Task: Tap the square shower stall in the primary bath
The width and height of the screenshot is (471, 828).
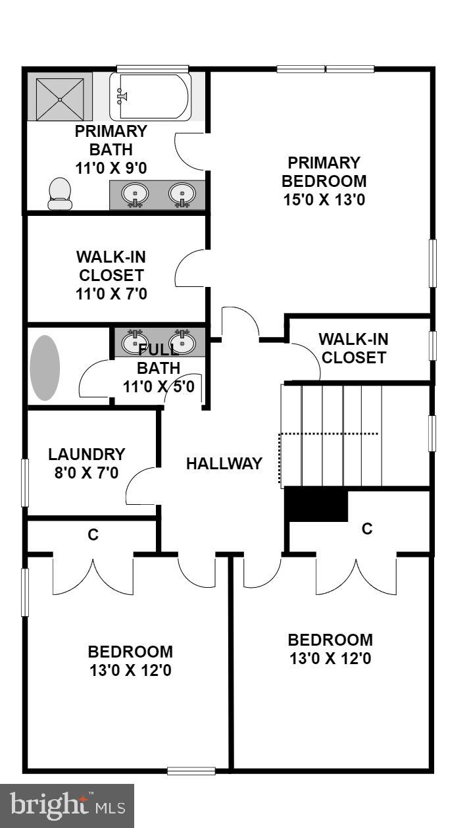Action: click(60, 99)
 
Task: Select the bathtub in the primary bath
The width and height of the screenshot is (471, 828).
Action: click(151, 97)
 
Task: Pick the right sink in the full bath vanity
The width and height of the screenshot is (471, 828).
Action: click(182, 342)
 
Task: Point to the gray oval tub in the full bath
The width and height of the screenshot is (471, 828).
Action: click(45, 368)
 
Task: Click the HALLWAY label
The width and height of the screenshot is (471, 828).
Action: click(224, 463)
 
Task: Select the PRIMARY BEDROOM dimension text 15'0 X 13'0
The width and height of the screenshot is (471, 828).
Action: click(324, 199)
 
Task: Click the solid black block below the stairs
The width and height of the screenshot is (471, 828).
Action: click(316, 505)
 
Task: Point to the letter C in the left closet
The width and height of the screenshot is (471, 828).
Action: click(93, 535)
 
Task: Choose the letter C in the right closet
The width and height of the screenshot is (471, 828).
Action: click(367, 528)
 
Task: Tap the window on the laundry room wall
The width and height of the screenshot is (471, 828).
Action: click(25, 482)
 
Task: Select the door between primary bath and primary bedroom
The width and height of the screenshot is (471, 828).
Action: click(190, 149)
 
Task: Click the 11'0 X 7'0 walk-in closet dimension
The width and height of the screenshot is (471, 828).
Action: click(111, 294)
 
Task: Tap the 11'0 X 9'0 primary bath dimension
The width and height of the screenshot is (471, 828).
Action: click(111, 168)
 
